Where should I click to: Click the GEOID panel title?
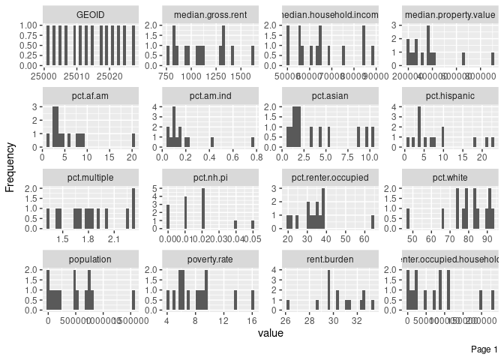(90, 15)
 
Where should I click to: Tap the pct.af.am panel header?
(90, 96)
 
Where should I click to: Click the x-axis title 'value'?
(270, 332)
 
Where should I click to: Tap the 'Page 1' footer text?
(484, 349)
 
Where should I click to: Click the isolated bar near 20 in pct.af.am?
(133, 140)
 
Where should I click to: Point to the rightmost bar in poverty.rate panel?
(253, 300)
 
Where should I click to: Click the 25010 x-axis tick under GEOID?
(78, 76)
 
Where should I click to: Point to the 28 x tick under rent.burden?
(310, 321)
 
